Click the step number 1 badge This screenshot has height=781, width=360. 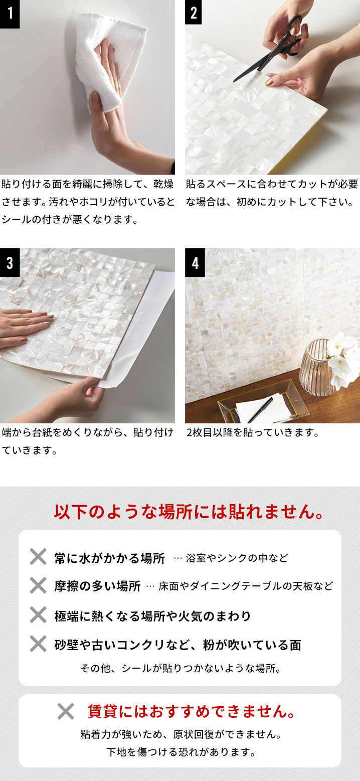pyautogui.click(x=10, y=14)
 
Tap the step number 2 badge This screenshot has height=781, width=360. pyautogui.click(x=195, y=12)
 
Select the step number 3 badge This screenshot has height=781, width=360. pyautogui.click(x=10, y=262)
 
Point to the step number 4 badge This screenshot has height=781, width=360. pyautogui.click(x=195, y=262)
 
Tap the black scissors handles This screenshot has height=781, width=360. pyautogui.click(x=293, y=35)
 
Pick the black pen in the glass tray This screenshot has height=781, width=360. pyautogui.click(x=260, y=410)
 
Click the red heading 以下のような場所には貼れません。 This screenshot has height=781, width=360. pyautogui.click(x=190, y=512)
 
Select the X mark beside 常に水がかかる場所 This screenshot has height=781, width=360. pyautogui.click(x=38, y=556)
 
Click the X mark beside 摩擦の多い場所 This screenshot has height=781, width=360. pyautogui.click(x=38, y=585)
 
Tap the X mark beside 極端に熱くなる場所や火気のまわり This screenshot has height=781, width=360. pyautogui.click(x=38, y=614)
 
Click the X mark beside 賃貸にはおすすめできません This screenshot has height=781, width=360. pyautogui.click(x=66, y=711)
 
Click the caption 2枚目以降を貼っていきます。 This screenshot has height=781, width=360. pyautogui.click(x=253, y=433)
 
